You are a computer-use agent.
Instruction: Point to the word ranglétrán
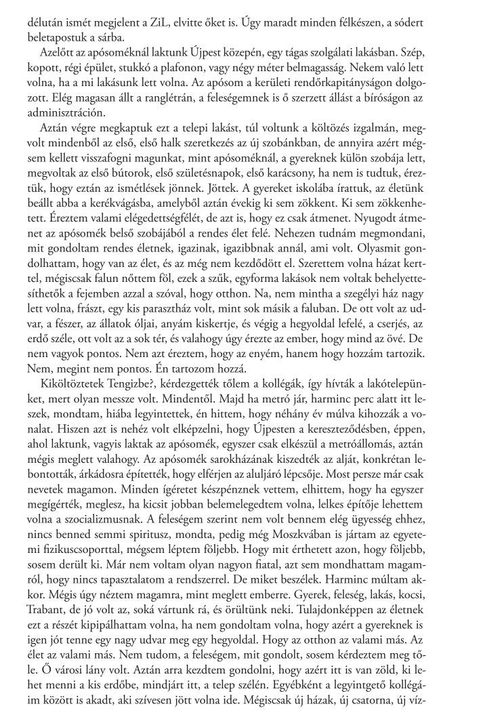point(137,101)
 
